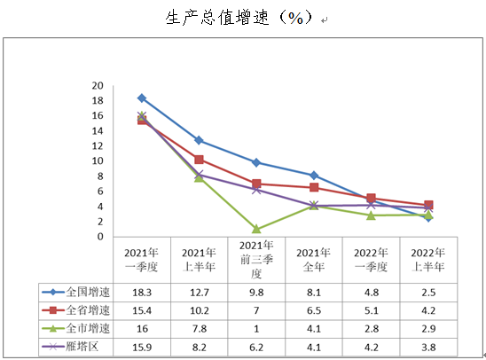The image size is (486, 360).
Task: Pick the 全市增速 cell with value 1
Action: (256, 328)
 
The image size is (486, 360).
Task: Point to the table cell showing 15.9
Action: (142, 347)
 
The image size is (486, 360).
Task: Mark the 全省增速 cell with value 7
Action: (256, 309)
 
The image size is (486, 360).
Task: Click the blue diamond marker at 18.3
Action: (142, 98)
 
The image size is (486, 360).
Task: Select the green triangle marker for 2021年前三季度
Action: (256, 229)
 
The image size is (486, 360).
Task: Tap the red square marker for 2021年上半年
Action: (199, 160)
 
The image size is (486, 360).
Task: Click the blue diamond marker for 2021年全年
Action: (314, 176)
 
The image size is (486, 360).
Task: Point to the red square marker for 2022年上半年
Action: (428, 205)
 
